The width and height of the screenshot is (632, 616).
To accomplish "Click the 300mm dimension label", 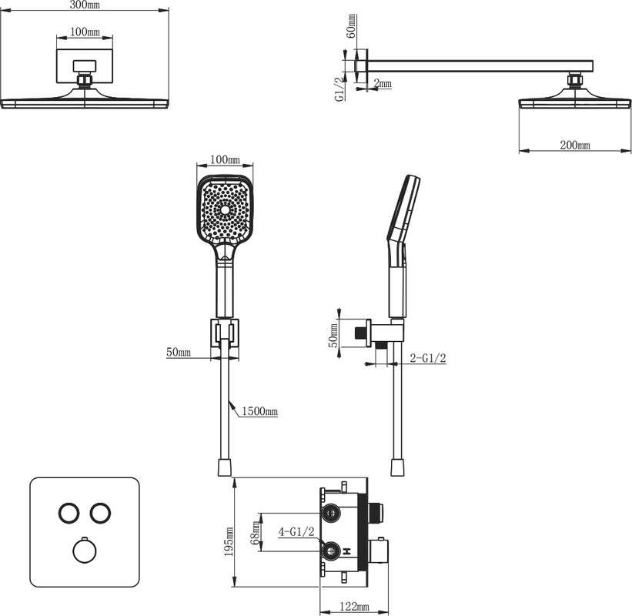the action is (84, 5).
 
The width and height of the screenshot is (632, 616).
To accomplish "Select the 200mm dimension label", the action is (575, 145).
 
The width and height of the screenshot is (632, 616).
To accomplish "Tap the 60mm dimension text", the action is (352, 26).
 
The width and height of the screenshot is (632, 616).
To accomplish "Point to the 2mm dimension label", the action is (383, 83).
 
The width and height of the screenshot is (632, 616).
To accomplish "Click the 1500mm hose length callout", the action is (259, 411).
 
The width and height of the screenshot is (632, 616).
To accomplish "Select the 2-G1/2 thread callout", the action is (428, 358).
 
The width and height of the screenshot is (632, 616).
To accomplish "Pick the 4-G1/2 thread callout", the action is (296, 532).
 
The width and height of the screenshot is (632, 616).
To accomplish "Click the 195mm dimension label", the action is (229, 541).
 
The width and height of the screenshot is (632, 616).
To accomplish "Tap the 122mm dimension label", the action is (354, 606).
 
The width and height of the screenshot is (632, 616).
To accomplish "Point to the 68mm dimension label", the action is (255, 533).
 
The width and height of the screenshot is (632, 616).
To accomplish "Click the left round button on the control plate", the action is (69, 513).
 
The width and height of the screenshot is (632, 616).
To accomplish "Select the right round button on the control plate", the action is (100, 513).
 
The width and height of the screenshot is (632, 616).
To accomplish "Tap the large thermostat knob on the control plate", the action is (85, 551).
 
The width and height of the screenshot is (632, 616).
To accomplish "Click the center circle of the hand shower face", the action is (225, 209).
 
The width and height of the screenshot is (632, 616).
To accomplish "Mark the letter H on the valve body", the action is (347, 551).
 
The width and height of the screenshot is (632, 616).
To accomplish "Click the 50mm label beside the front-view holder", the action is (179, 352).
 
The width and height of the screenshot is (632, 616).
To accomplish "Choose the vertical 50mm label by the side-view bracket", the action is (333, 335).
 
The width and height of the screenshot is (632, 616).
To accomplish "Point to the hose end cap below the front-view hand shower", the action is (225, 467).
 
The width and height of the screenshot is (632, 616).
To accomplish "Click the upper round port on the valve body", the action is (331, 513).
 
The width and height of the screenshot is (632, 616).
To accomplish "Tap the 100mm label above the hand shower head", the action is (225, 159).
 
